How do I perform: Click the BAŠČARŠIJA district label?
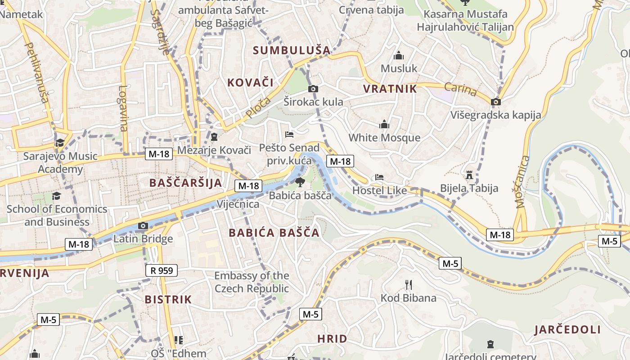coord(185,183)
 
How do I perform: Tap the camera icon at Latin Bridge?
coord(143,225)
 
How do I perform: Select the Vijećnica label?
coord(238,204)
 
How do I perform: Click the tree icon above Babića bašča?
coord(300,182)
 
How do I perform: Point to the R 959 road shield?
coord(162,270)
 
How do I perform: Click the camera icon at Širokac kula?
coord(313,89)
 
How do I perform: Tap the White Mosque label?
coord(384,138)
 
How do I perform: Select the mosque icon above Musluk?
coord(399,56)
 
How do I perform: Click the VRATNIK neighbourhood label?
coord(390,89)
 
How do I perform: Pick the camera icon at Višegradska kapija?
coord(496,102)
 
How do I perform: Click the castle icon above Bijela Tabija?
coord(469,175)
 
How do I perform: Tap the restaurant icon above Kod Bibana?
coord(409,284)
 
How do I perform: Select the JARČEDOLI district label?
coord(567,330)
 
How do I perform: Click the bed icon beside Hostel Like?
coord(379,177)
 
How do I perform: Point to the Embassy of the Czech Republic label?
coord(252,282)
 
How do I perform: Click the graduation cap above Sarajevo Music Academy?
coord(60,143)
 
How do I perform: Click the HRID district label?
coord(332,339)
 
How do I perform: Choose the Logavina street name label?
coord(122,108)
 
